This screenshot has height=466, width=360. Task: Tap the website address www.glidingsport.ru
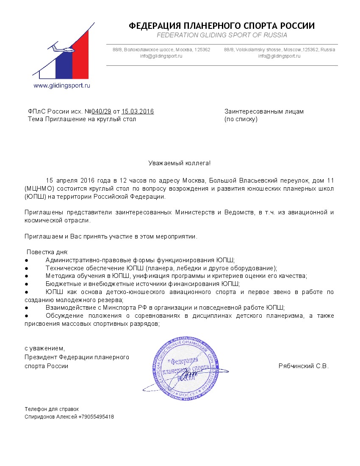point(62,85)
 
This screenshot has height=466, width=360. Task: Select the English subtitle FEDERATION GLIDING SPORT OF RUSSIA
point(222,35)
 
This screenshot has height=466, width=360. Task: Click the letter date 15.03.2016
point(138,111)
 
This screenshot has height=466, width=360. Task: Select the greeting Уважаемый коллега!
point(179,163)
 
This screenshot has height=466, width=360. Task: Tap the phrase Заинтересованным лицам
point(264,111)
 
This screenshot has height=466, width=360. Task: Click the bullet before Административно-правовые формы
point(26,260)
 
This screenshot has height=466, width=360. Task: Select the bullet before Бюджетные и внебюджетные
point(26,284)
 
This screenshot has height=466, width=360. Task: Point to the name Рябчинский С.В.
point(303,366)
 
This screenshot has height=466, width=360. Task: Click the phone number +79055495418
point(96,416)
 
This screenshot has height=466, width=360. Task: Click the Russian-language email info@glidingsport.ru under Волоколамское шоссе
point(161,56)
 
